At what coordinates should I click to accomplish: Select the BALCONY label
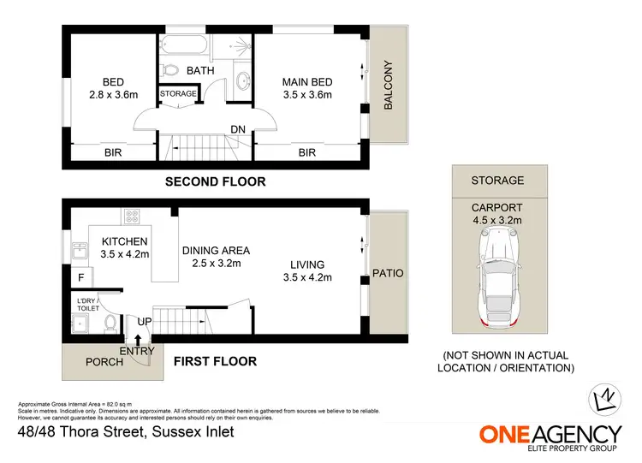click(x=388, y=85)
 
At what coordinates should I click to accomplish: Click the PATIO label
click(x=387, y=273)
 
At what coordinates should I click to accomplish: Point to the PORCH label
click(x=105, y=361)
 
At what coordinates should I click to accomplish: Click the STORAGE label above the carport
click(x=497, y=181)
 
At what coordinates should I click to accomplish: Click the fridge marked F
click(x=80, y=278)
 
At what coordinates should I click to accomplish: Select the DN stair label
click(x=239, y=130)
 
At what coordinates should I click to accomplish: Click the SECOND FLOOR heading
click(x=215, y=181)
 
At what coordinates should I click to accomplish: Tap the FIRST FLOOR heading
click(x=215, y=361)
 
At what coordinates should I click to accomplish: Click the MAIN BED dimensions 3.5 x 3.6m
click(x=306, y=95)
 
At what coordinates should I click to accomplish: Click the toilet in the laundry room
click(x=110, y=323)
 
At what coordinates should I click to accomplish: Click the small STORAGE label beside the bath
click(x=178, y=93)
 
